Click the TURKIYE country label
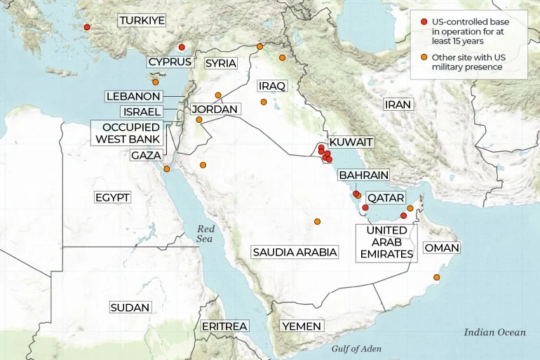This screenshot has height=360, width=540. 142,21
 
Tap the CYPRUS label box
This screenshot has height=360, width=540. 170,62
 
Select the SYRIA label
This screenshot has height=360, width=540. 220,63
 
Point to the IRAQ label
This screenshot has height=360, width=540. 272,86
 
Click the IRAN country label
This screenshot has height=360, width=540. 397,105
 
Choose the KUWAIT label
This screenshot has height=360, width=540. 351,142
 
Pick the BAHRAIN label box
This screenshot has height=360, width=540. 363,175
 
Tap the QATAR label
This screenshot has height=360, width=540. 385,198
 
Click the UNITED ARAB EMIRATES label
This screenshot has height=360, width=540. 386,242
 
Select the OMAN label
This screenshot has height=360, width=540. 442,248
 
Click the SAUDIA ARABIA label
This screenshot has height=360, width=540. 295,252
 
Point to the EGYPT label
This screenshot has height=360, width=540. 112,198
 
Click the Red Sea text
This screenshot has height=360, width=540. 205,234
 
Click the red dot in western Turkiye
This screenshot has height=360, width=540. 87,27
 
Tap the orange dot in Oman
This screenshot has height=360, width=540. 437,279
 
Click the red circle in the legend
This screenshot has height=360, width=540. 424,22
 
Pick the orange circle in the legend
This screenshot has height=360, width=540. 424,57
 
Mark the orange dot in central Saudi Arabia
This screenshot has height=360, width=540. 317,222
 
